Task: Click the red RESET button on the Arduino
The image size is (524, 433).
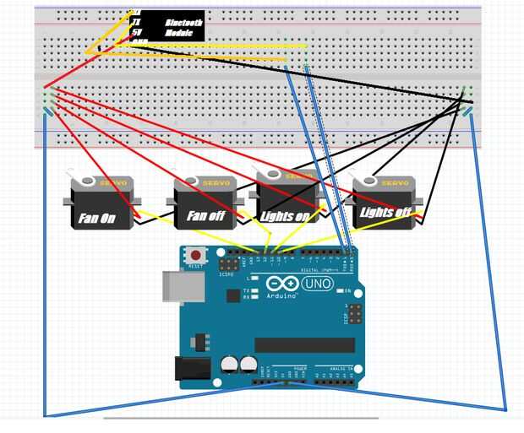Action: coord(197,255)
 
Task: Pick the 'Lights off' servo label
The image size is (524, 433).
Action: coord(385,212)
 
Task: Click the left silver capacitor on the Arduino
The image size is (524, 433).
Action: coord(229,365)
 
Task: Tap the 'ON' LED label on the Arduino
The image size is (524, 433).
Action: coord(347,291)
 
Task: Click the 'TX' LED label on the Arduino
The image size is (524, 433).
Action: coord(245,290)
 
